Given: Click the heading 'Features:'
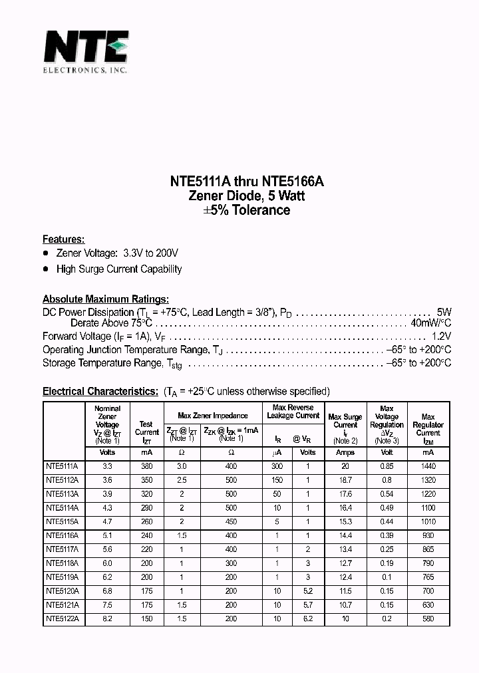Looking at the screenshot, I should coord(63,239).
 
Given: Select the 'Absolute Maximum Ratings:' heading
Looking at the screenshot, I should coord(105,299).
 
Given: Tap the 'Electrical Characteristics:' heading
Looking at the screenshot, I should coord(100,391).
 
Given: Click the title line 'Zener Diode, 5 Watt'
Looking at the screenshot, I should coord(239,196).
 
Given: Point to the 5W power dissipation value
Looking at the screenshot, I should coord(444,312).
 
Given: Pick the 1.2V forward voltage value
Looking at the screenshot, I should coord(441,336).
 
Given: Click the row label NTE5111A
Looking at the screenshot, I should coord(62,467).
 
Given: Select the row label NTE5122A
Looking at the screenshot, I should coord(62,618).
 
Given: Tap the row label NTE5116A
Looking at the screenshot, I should coord(62,535).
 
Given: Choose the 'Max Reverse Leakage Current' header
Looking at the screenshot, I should coord(293,412).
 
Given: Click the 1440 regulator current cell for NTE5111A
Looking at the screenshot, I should coord(428,467).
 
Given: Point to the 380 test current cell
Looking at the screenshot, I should coord(146,467).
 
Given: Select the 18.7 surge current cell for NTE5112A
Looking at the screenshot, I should coord(345,480).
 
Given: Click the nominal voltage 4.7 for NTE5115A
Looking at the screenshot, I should coord(107,522).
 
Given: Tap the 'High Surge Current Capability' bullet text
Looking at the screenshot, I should coord(119,269).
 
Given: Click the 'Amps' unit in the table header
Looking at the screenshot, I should coord(345,453).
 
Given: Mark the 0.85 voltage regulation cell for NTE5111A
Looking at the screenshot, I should coord(387,467).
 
